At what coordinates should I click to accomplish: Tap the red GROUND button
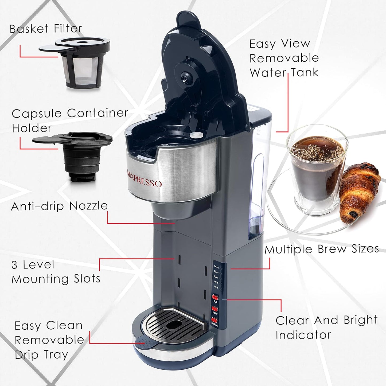(x=214, y=319)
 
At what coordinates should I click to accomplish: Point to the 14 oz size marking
(x=216, y=267)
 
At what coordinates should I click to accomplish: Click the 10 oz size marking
(x=216, y=277)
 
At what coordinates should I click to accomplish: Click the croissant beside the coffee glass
(x=359, y=190)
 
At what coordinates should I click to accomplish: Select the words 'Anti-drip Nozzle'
(x=59, y=206)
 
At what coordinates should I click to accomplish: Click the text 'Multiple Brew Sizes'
(x=322, y=249)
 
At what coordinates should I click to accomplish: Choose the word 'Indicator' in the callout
(x=303, y=335)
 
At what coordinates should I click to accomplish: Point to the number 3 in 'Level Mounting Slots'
(x=14, y=265)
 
